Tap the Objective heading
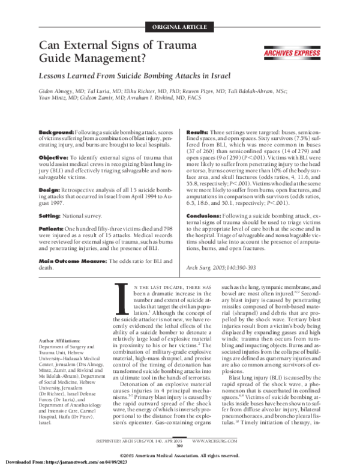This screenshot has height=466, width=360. coord(56,156)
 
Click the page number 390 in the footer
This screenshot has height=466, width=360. coord(180,445)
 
